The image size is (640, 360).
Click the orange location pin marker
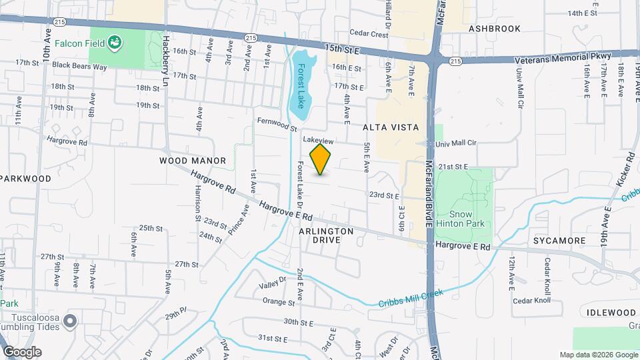(321, 159)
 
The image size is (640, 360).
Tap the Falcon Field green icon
(116, 43)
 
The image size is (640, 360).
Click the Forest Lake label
(301, 86)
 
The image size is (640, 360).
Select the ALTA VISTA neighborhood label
(391, 127)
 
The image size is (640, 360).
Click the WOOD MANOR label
(193, 161)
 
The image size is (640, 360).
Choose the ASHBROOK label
(494, 29)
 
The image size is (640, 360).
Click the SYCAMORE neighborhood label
(559, 240)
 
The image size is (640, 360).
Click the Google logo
(23, 352)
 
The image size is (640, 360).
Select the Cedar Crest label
(369, 34)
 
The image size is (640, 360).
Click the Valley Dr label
(272, 284)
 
